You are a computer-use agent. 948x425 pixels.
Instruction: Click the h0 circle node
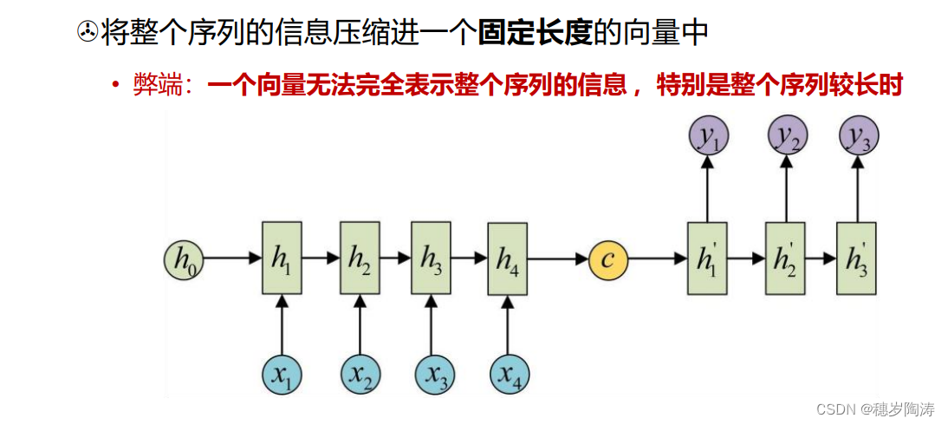(184, 258)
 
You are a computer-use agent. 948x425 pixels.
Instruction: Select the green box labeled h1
(282, 258)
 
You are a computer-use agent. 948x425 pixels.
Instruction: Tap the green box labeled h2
(360, 258)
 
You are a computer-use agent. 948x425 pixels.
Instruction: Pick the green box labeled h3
(432, 258)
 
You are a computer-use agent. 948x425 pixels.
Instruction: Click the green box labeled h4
(508, 258)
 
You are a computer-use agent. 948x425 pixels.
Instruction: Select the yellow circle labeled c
(608, 258)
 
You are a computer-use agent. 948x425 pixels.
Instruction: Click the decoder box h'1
(707, 258)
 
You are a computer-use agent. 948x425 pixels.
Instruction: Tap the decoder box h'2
(785, 258)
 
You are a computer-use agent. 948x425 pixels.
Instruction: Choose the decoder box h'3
(857, 258)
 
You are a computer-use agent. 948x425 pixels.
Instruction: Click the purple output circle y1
(708, 137)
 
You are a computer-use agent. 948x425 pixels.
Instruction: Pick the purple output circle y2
(786, 137)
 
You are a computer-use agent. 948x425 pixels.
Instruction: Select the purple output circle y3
(858, 137)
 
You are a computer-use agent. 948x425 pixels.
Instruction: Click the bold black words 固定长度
(536, 34)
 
